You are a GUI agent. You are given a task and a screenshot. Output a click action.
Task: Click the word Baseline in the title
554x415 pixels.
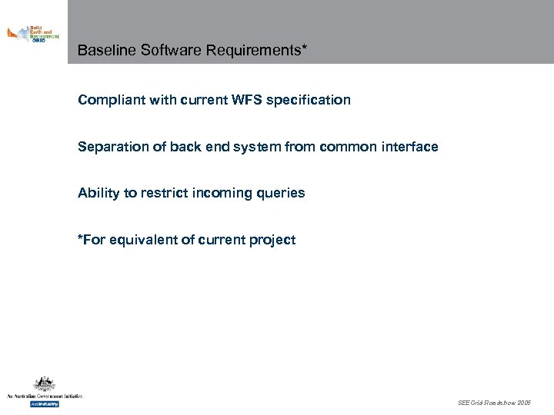tap(103, 51)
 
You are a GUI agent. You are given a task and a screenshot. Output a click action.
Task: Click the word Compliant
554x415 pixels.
tap(108, 100)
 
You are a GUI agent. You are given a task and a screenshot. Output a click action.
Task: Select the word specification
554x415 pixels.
tap(309, 100)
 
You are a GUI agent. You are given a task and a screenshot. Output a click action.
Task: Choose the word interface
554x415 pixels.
tap(409, 147)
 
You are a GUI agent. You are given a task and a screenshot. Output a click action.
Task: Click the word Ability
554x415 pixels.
tap(98, 194)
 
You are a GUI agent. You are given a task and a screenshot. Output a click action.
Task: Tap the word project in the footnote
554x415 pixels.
tap(272, 240)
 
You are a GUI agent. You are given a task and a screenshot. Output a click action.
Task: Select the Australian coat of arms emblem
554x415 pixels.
tap(44, 383)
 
